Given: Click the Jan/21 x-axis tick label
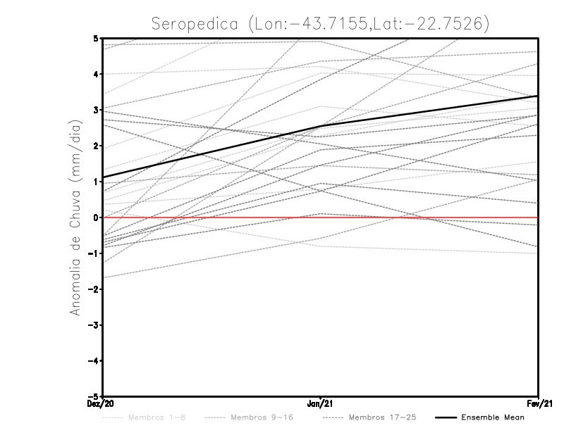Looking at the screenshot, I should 321,404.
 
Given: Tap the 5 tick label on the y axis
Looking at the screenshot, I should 97,38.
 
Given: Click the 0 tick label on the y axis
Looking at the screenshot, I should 97,217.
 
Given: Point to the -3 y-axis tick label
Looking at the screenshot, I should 94,325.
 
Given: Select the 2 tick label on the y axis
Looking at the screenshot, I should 97,146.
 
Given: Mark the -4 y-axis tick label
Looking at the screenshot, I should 94,361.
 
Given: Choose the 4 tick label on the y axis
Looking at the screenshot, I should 97,74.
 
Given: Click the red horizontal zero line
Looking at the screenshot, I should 423,217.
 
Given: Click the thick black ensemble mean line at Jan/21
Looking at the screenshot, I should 321,127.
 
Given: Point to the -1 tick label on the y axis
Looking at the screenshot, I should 94,253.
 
